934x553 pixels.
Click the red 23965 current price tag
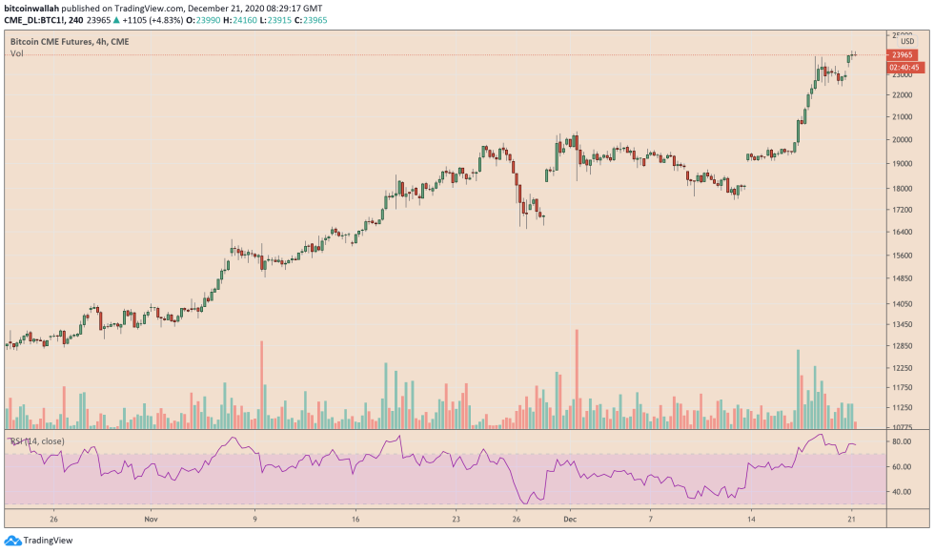coord(904,55)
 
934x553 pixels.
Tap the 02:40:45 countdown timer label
coord(904,68)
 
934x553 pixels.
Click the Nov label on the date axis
coord(150,520)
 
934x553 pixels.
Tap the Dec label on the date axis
coord(570,520)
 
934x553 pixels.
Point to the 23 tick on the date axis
coord(457,520)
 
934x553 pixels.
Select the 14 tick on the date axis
coord(751,520)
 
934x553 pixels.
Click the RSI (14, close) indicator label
coord(38,440)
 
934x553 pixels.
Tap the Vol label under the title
coord(17,54)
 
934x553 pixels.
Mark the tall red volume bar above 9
coord(260,385)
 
